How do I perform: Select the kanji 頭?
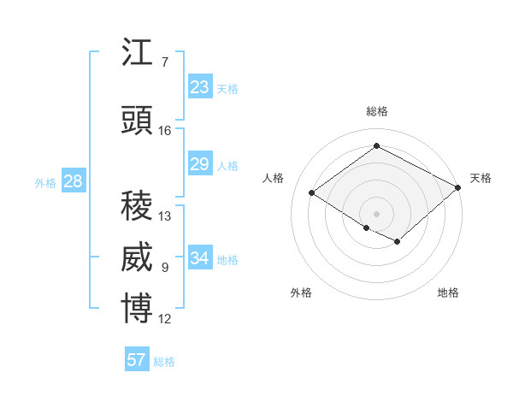pyautogui.click(x=137, y=121)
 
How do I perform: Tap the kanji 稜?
pyautogui.click(x=137, y=206)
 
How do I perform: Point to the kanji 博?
pyautogui.click(x=137, y=309)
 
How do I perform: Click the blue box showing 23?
pyautogui.click(x=200, y=87)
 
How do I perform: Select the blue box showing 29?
pyautogui.click(x=200, y=164)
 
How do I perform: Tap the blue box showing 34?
pyautogui.click(x=200, y=258)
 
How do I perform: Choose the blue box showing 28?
pyautogui.click(x=73, y=181)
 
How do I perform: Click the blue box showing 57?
pyautogui.click(x=137, y=360)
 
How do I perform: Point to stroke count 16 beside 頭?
pyautogui.click(x=164, y=131)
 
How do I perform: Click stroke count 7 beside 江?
pyautogui.click(x=164, y=62)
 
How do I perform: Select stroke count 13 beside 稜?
pyautogui.click(x=164, y=216)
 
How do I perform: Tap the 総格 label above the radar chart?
pyautogui.click(x=376, y=111)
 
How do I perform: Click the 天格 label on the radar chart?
pyautogui.click(x=481, y=178)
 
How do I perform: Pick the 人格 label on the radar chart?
pyautogui.click(x=274, y=178)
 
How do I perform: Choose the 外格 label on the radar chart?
pyautogui.click(x=301, y=293)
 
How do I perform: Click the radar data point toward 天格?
pyautogui.click(x=458, y=188)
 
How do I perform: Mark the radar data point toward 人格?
pyautogui.click(x=312, y=193)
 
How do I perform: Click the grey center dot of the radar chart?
pyautogui.click(x=376, y=212)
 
